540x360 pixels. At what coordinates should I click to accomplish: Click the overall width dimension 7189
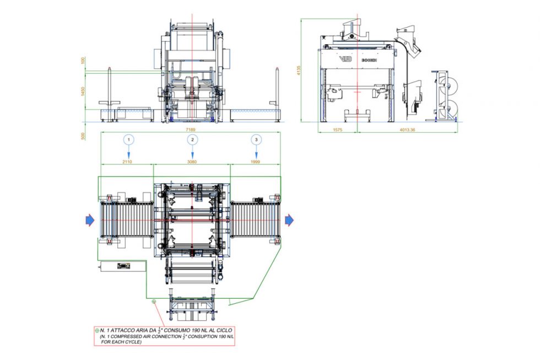point(190,130)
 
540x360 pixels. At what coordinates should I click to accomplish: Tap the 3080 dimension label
point(192,162)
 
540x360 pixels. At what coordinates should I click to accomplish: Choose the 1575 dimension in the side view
point(337,130)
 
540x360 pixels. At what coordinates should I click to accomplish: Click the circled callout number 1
point(128,140)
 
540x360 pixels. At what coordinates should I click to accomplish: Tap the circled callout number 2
point(192,140)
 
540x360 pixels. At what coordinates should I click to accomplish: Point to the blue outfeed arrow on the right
point(289,221)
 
